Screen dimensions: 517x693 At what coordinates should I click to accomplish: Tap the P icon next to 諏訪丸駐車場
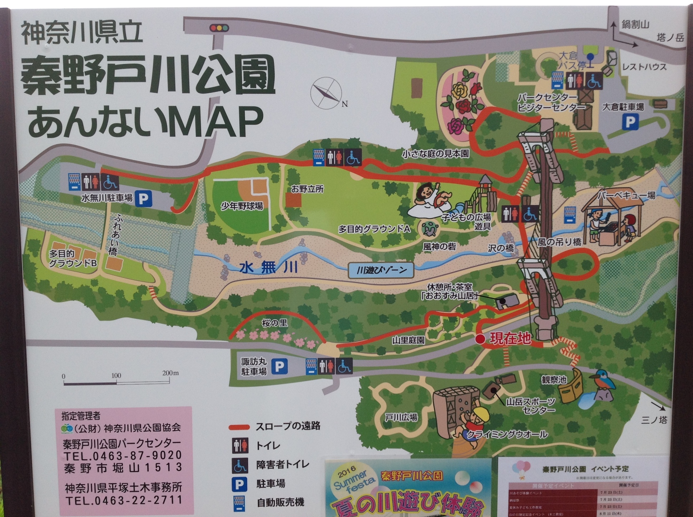[279, 366]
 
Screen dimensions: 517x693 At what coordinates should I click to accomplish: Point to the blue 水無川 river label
[268, 267]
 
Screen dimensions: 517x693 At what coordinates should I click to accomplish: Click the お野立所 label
[307, 189]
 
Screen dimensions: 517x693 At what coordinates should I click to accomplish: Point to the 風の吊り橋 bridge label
[559, 242]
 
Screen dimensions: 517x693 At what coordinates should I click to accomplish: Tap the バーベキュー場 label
[626, 195]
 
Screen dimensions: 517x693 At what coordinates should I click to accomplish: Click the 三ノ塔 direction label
[654, 420]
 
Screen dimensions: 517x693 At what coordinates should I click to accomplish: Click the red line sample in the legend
[239, 427]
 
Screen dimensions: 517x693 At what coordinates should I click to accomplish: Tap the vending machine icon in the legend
[238, 503]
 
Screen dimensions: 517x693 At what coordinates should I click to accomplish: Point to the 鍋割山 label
[636, 24]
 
